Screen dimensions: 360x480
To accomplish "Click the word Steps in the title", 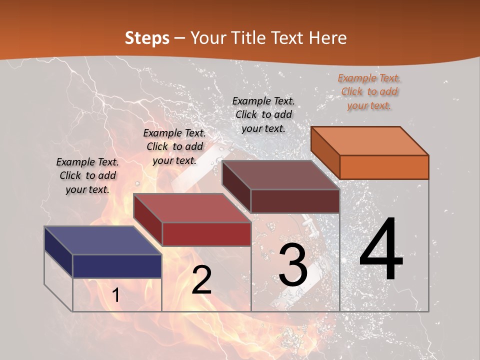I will [x=146, y=38].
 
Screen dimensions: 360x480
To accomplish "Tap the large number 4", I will [x=381, y=250].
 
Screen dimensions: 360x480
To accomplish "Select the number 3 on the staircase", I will [x=293, y=265].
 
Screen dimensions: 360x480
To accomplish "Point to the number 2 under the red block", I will [x=201, y=280].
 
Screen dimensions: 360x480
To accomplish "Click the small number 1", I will [x=115, y=295].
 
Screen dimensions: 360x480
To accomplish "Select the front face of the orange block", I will [x=384, y=167].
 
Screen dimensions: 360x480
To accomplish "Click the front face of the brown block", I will [x=295, y=201].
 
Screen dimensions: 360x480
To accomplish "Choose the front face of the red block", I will [x=206, y=234].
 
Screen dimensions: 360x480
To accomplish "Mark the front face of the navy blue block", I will [x=117, y=266].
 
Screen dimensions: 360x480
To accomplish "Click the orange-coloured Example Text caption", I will [x=369, y=91].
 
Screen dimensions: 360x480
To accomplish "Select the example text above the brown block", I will [x=263, y=114].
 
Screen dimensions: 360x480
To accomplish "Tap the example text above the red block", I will [x=174, y=146].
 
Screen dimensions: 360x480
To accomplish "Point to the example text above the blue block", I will [x=87, y=175].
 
